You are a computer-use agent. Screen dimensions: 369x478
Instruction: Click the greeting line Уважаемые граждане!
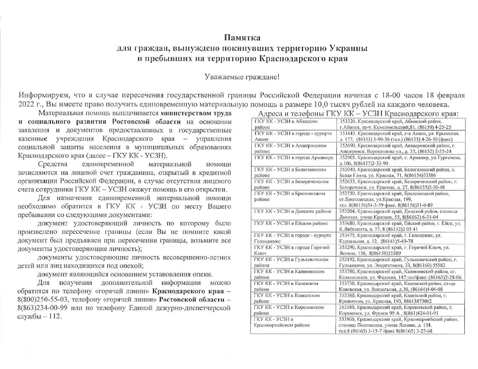(242, 77)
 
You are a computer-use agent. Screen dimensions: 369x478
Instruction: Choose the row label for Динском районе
(293, 212)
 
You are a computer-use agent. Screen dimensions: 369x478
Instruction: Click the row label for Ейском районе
(291, 223)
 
